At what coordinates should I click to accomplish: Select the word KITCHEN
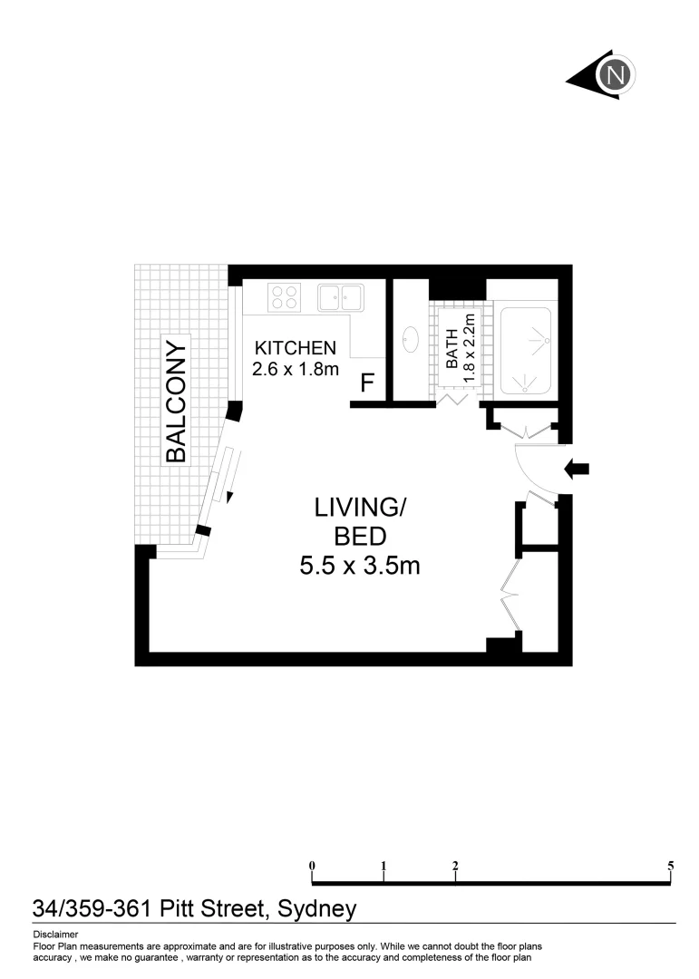click(x=296, y=348)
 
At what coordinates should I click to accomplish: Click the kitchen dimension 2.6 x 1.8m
click(x=296, y=369)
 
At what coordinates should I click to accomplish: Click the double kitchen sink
click(x=340, y=296)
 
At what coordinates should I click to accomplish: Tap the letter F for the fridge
click(x=367, y=383)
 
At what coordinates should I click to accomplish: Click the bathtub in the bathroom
click(x=526, y=349)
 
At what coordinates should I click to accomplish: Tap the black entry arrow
click(x=577, y=469)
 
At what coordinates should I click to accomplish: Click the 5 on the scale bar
click(x=671, y=866)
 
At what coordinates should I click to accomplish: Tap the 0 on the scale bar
click(x=312, y=866)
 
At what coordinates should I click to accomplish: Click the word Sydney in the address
click(x=316, y=908)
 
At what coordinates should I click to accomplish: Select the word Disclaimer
click(x=55, y=935)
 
